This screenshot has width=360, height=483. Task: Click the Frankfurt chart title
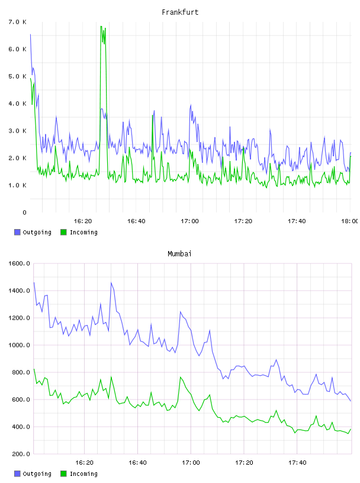[180, 12]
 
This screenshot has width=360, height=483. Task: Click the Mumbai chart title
[179, 253]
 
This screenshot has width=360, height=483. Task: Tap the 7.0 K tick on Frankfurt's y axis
[18, 22]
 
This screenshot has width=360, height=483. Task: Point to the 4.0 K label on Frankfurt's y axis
[18, 104]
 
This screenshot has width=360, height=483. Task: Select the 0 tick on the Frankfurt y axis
[24, 212]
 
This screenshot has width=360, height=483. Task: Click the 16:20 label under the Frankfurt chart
[83, 221]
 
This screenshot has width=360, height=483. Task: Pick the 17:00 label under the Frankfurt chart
[189, 221]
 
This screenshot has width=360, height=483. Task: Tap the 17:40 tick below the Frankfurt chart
[297, 221]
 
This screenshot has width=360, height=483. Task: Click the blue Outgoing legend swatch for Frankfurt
[17, 232]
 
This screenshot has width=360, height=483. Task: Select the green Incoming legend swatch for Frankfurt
[63, 232]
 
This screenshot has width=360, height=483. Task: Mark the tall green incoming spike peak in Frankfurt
[101, 27]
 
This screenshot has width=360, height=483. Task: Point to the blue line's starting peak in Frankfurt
[30, 34]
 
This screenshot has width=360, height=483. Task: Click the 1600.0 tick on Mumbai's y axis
[19, 263]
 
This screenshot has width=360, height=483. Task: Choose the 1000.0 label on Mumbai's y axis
[19, 345]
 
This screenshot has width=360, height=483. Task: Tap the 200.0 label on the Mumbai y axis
[21, 454]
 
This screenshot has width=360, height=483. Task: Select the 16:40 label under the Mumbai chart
[137, 462]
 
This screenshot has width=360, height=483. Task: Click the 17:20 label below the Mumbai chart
[244, 462]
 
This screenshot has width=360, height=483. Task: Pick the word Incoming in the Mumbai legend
[83, 474]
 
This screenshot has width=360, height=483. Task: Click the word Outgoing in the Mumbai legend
[37, 474]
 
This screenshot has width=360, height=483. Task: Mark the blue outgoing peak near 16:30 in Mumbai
[111, 282]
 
